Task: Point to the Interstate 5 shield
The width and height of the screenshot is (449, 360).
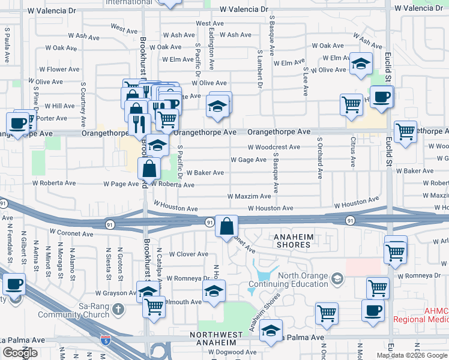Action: (106, 340)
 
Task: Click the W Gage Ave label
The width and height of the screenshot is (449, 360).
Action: (249, 160)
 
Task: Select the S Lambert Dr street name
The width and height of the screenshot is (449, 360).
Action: (260, 69)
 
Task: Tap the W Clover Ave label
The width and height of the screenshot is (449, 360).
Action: (188, 254)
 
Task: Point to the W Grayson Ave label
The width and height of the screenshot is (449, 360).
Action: (116, 293)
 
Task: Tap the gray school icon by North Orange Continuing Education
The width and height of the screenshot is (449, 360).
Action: (338, 278)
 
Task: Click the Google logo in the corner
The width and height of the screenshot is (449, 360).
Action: (20, 353)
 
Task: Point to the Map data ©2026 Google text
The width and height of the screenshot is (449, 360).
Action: (412, 355)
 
